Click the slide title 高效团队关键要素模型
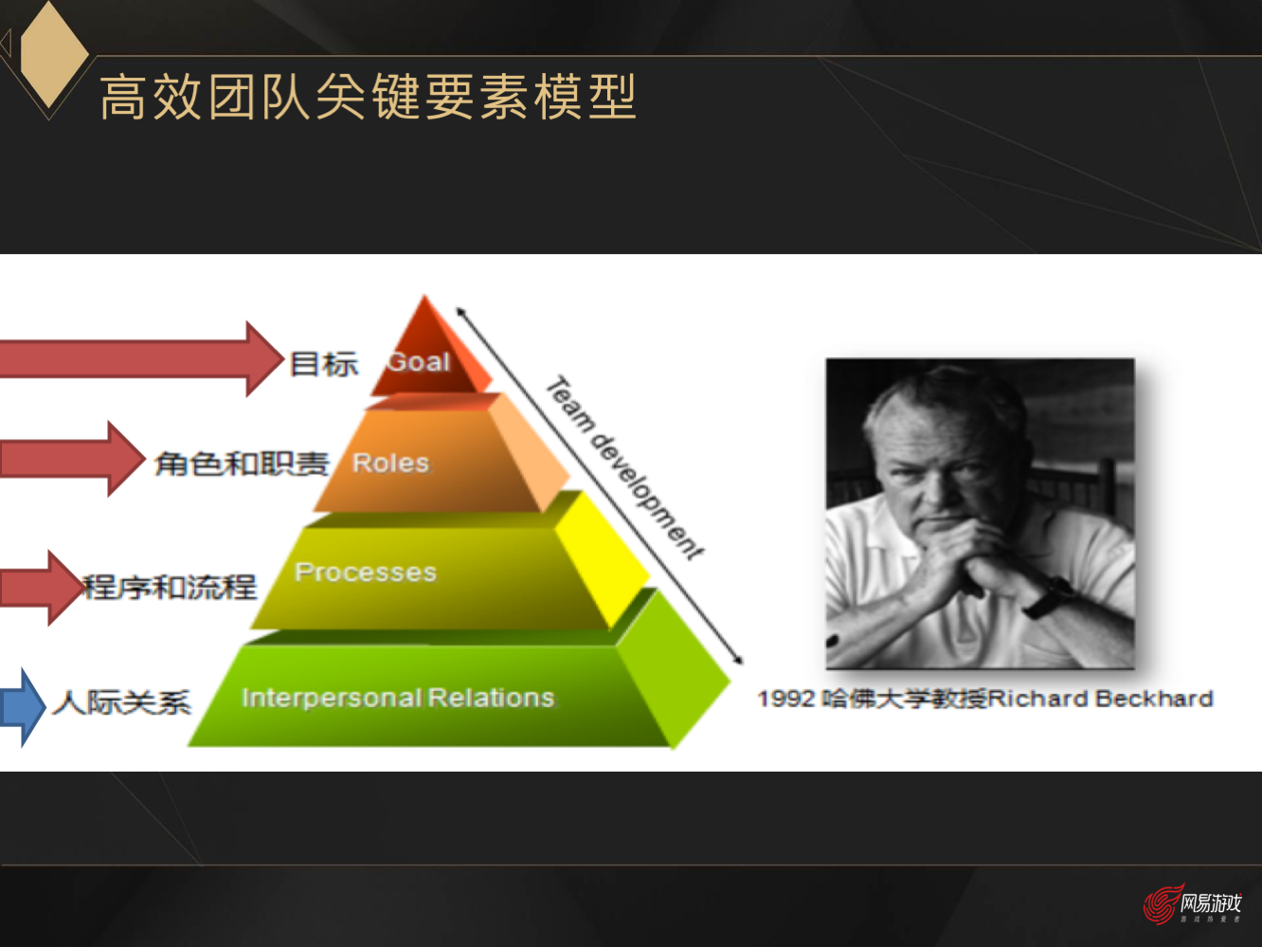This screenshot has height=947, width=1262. (x=368, y=97)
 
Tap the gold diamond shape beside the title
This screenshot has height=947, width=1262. (x=53, y=52)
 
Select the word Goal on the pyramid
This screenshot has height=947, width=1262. (x=418, y=362)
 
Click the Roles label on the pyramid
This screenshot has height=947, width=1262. (x=390, y=463)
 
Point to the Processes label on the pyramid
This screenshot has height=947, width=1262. (x=366, y=572)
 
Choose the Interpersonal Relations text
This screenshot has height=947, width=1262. (x=397, y=698)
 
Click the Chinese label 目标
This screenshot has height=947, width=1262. (x=323, y=363)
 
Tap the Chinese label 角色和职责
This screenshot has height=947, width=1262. (x=242, y=463)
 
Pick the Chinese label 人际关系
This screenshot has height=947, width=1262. (x=122, y=701)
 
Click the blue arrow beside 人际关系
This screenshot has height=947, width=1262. (x=22, y=707)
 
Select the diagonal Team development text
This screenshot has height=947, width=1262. (x=624, y=468)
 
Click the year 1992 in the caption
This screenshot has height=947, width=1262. (x=785, y=699)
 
